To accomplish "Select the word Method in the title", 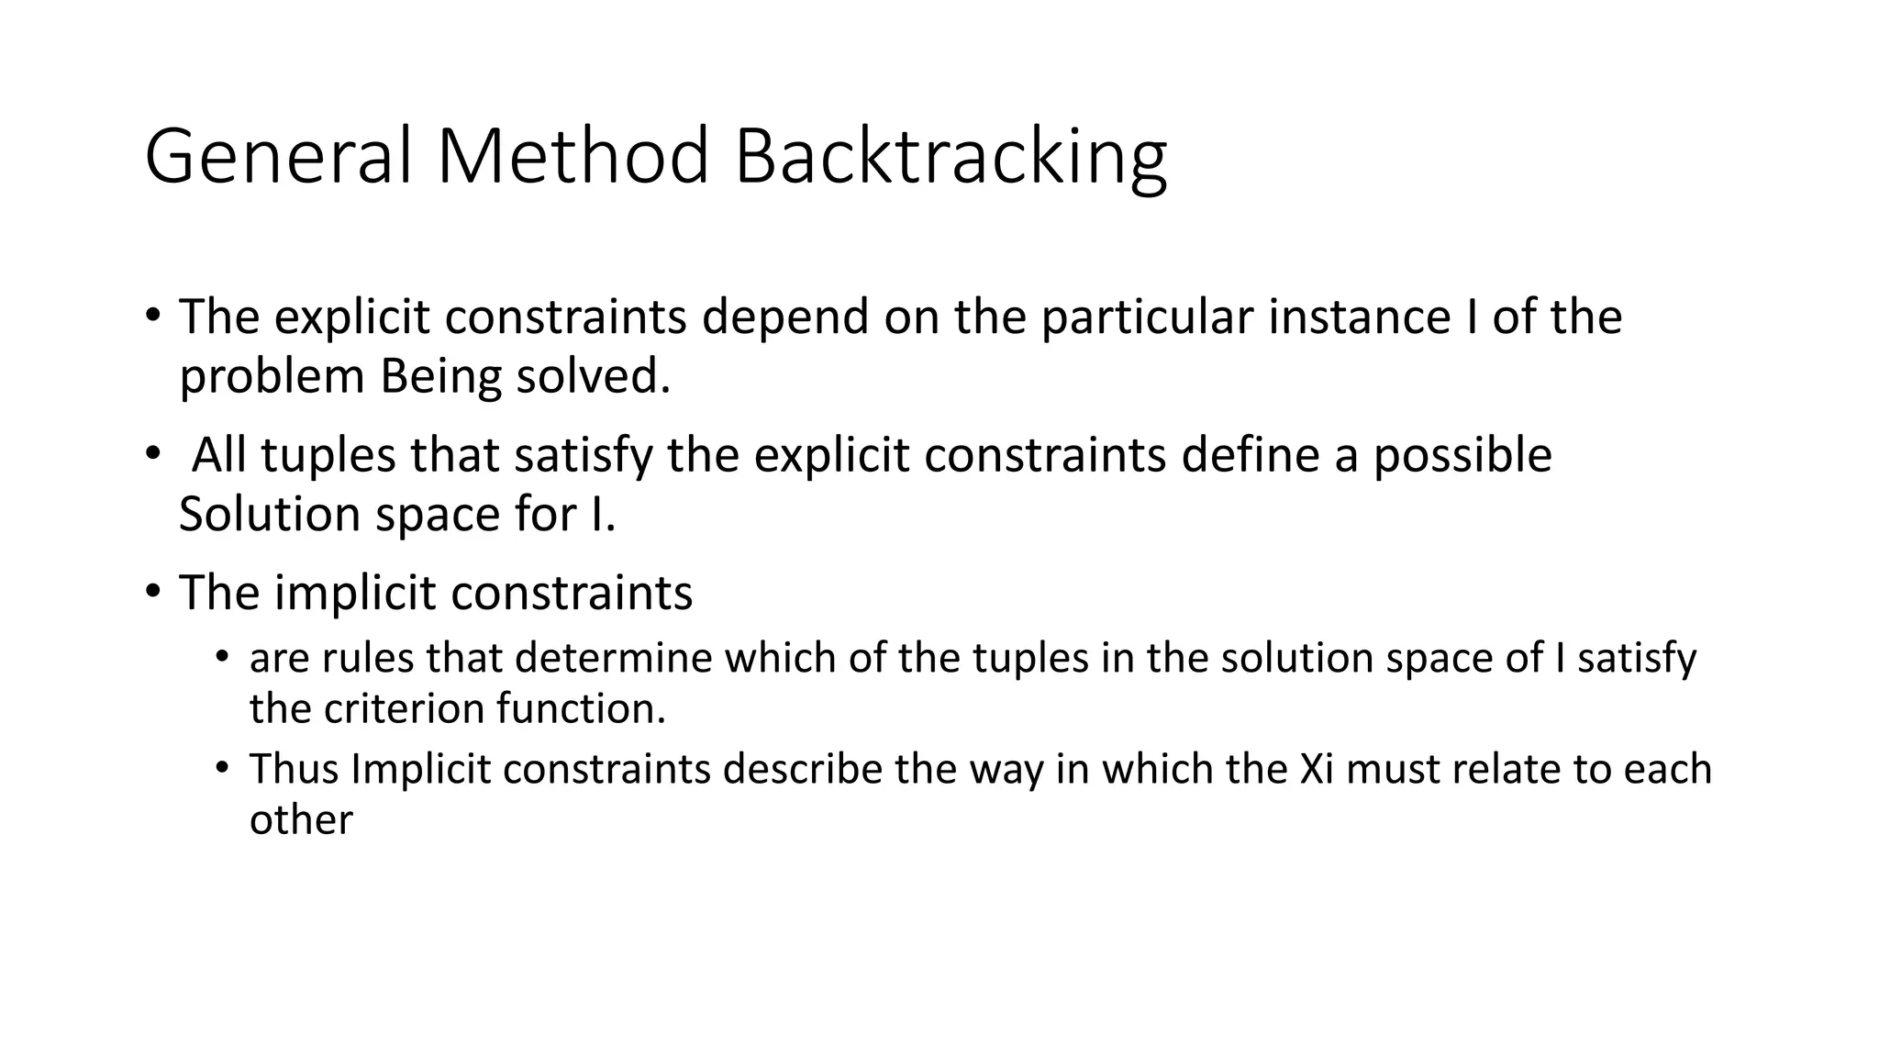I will (x=573, y=158).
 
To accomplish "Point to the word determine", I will (x=614, y=659).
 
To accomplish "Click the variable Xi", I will (x=1317, y=769).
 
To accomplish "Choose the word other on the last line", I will (x=300, y=819).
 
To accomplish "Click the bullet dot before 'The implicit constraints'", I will (x=152, y=591).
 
